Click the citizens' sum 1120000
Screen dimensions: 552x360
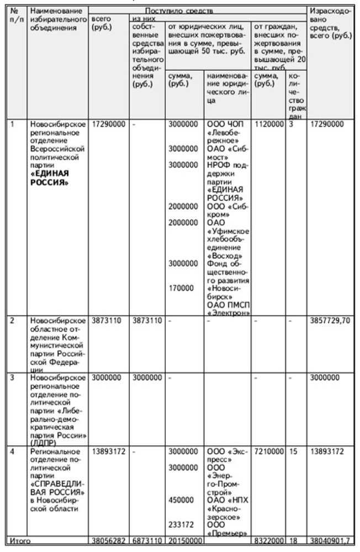[269, 124]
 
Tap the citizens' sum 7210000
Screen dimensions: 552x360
[269, 452]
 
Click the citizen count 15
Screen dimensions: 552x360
[293, 452]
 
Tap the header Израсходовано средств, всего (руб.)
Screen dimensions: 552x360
[331, 22]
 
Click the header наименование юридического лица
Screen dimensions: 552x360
[227, 88]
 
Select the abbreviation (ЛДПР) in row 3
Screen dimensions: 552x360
[43, 442]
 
